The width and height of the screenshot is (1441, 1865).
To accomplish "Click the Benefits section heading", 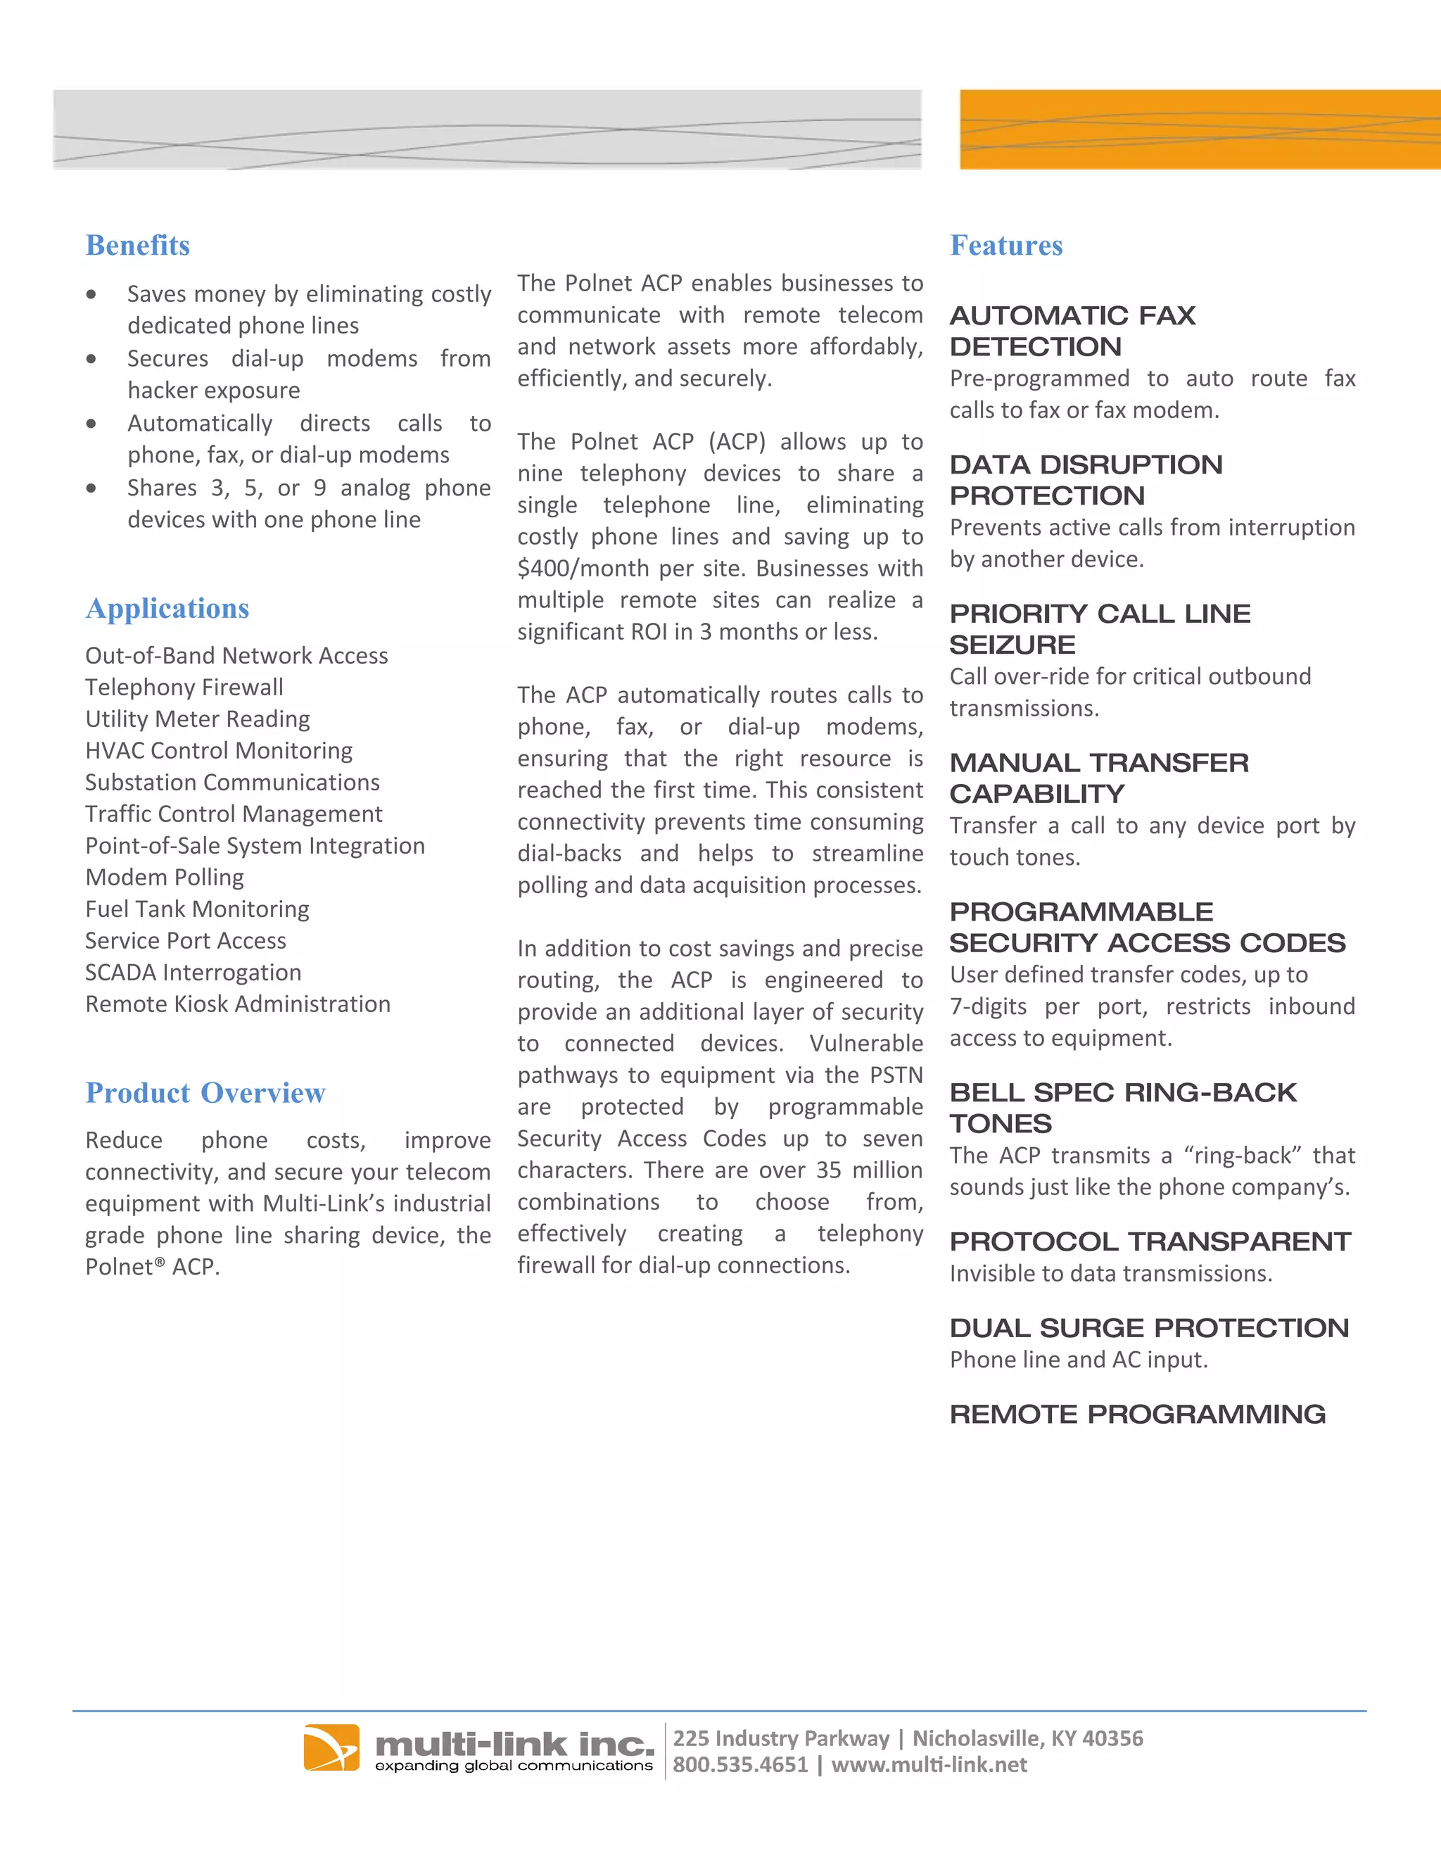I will [137, 245].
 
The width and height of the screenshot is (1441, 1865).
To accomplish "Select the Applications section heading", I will [167, 608].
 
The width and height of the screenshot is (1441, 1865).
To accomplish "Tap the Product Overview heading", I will [205, 1092].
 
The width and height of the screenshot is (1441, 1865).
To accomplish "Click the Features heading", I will [1005, 245].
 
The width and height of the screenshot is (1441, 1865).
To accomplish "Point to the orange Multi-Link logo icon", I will [331, 1747].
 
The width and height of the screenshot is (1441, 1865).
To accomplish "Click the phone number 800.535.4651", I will [739, 1765].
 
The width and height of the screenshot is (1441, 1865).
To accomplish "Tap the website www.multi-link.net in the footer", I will [929, 1765].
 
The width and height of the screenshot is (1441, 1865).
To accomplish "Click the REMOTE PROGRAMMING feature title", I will [1137, 1414].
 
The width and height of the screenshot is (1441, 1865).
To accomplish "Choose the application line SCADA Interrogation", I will [193, 972].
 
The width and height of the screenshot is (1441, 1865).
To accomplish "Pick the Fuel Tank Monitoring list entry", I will [197, 909].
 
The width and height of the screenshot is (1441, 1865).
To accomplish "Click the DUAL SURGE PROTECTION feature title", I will [1149, 1328].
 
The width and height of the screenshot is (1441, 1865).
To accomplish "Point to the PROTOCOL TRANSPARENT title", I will [1150, 1241].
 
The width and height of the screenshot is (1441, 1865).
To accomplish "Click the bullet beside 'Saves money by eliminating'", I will [91, 295].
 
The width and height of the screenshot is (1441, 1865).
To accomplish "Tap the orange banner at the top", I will [1200, 129].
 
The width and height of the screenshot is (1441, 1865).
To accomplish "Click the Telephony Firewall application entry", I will [184, 687].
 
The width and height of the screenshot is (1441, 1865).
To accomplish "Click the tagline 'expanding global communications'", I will [514, 1766].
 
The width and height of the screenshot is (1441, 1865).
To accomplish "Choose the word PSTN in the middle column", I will [896, 1075].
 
